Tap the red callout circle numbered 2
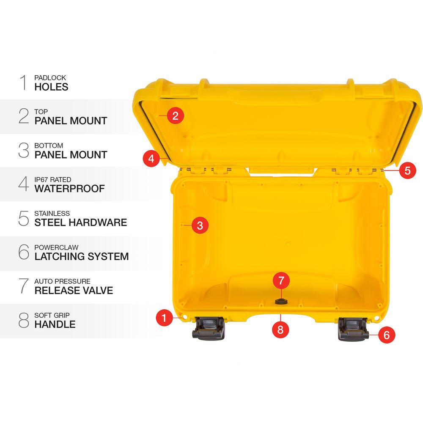(x=176, y=115)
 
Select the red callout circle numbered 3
(x=200, y=225)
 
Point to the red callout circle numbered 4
(x=151, y=159)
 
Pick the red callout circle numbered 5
(x=407, y=170)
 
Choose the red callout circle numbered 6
(x=386, y=335)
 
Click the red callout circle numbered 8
(x=280, y=329)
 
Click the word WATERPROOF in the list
(x=69, y=189)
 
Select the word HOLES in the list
(x=51, y=87)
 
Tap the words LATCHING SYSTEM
(x=81, y=256)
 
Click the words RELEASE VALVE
(x=74, y=290)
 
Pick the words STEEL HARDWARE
(x=80, y=222)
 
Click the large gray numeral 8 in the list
(x=24, y=321)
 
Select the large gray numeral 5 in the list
(x=24, y=219)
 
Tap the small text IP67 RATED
(x=50, y=180)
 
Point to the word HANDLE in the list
(x=55, y=324)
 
